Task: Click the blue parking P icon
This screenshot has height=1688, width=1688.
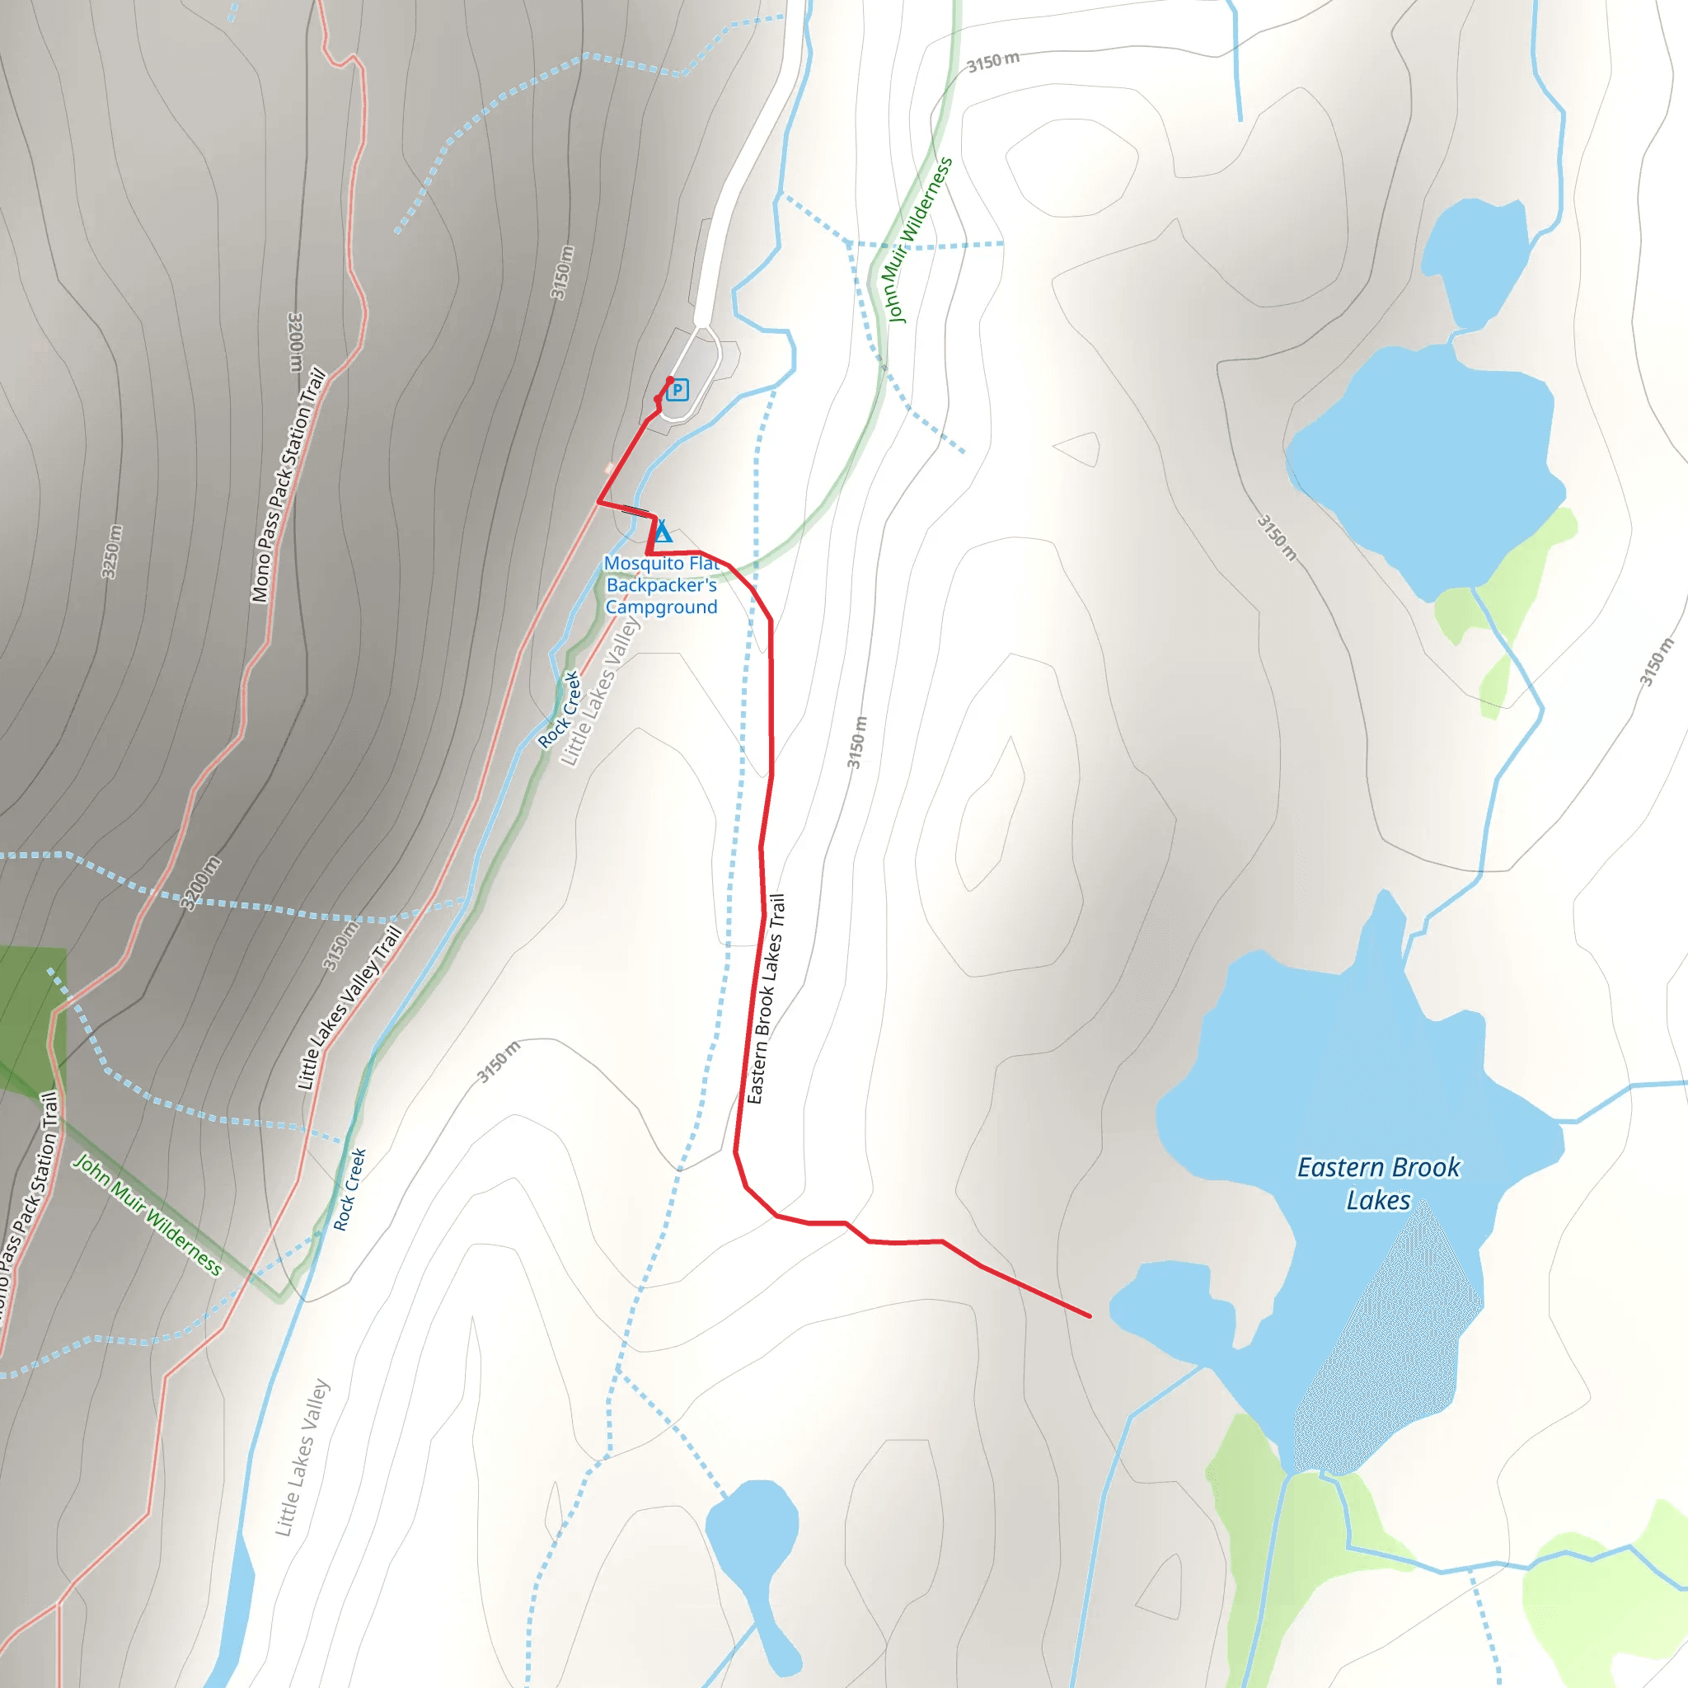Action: tap(678, 391)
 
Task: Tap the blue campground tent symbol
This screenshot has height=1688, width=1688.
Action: tap(663, 532)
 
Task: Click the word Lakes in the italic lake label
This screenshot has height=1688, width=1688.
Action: tap(1378, 1200)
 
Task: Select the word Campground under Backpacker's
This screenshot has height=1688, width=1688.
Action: tap(661, 607)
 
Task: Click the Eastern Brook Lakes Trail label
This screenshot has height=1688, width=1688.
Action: tap(767, 999)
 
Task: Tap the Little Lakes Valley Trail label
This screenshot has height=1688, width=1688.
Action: tap(349, 1007)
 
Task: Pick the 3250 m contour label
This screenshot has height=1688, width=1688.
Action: tap(112, 551)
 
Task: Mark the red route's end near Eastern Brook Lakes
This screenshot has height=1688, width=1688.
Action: tap(1090, 1315)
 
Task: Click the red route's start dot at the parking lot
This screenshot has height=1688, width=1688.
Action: tap(670, 380)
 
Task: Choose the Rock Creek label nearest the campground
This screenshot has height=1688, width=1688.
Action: tap(559, 710)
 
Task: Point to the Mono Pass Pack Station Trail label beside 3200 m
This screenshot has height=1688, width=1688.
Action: tap(288, 485)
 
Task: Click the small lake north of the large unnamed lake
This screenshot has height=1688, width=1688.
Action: tap(1475, 258)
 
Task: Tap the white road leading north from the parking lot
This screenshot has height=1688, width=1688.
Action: tap(743, 175)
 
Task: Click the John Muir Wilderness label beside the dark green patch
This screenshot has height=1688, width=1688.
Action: tap(147, 1214)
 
